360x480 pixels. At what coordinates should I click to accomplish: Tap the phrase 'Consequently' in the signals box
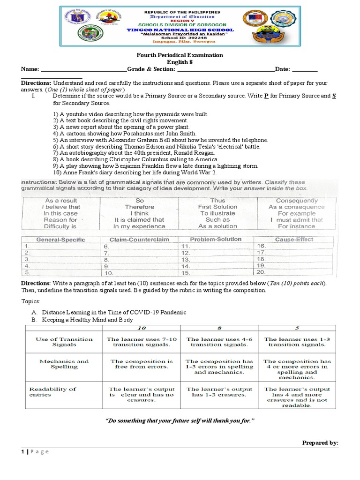tap(297, 200)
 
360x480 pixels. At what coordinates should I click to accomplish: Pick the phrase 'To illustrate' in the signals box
tap(217, 213)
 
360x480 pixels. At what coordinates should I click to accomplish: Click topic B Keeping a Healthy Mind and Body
tap(87, 320)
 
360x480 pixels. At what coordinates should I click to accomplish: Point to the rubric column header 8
tap(219, 328)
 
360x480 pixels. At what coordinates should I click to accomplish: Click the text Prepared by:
tap(320, 442)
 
